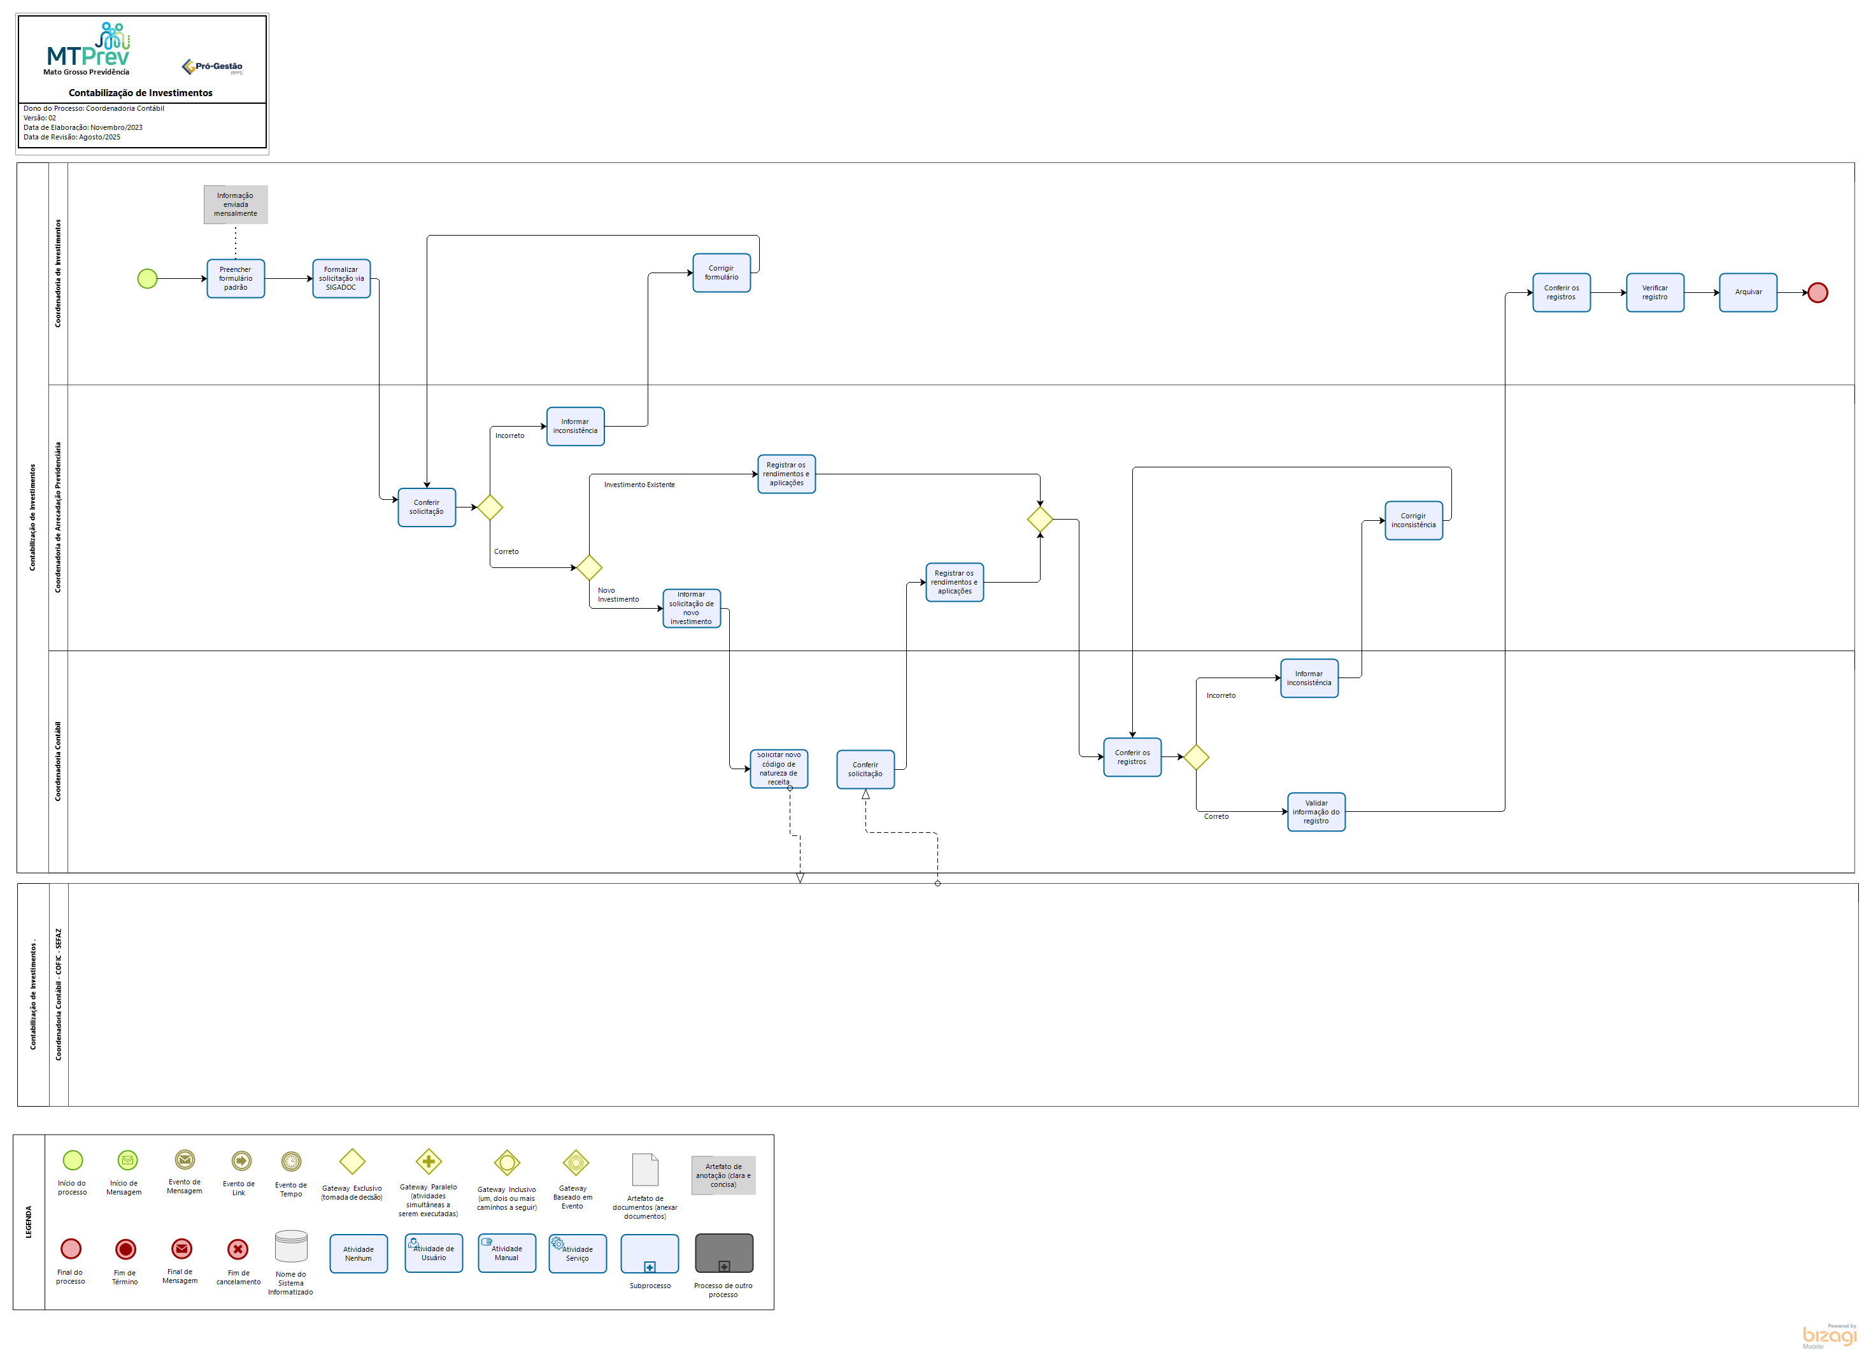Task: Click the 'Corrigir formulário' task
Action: click(722, 273)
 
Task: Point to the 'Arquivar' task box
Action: click(1748, 292)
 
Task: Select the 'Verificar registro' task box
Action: click(1654, 292)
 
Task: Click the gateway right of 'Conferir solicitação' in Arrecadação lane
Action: click(490, 507)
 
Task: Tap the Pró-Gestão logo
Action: click(213, 67)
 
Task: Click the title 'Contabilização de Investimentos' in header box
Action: click(141, 94)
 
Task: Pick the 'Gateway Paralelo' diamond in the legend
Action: click(429, 1162)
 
